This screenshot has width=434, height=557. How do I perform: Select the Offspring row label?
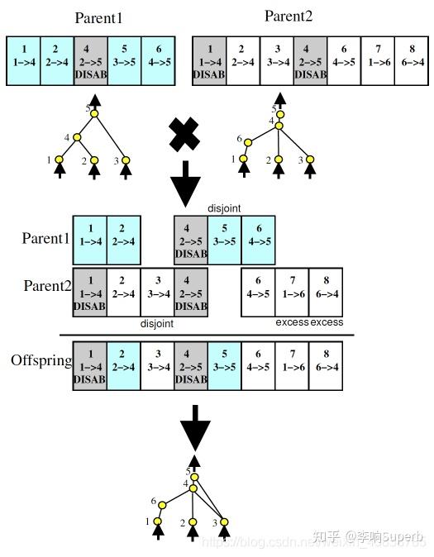tap(41, 361)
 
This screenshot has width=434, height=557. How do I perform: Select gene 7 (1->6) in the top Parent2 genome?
tap(376, 60)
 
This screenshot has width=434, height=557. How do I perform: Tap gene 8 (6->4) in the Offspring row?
tap(326, 365)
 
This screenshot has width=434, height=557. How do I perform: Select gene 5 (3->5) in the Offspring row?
tap(224, 365)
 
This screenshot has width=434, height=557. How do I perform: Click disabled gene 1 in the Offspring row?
tap(89, 365)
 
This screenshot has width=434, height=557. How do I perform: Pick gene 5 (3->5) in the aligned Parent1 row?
tap(224, 240)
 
